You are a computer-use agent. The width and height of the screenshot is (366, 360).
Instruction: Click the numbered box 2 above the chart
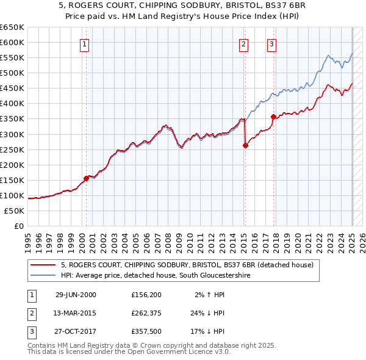point(243,43)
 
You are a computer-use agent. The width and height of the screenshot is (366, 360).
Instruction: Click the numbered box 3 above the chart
point(271,43)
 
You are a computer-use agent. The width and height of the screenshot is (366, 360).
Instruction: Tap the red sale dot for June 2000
point(86,178)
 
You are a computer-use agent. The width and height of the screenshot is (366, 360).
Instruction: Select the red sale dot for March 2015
point(245,145)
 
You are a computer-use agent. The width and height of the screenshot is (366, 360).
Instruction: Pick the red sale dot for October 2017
point(273,117)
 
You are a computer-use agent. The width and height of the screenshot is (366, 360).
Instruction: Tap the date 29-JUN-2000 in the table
point(76,295)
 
